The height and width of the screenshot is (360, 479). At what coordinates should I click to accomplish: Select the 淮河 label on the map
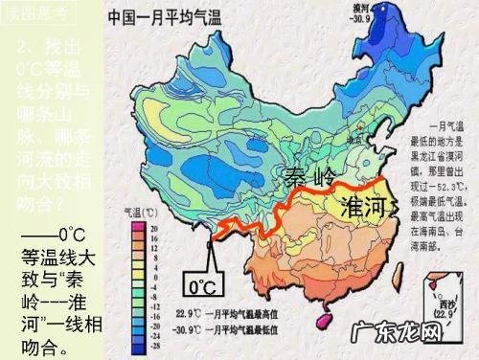tap(369, 208)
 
